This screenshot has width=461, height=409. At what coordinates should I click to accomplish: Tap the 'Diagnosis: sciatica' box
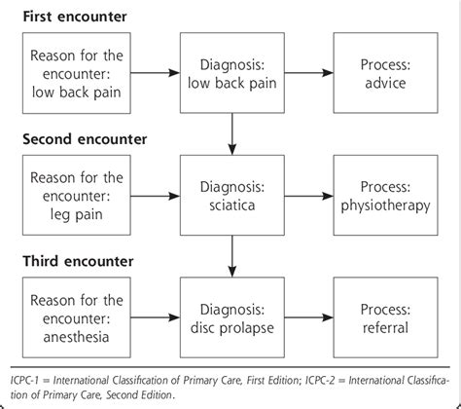point(230,195)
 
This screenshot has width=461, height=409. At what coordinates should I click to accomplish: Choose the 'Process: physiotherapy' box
point(384,195)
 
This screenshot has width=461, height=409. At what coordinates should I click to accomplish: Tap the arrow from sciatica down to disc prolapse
point(230,254)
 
